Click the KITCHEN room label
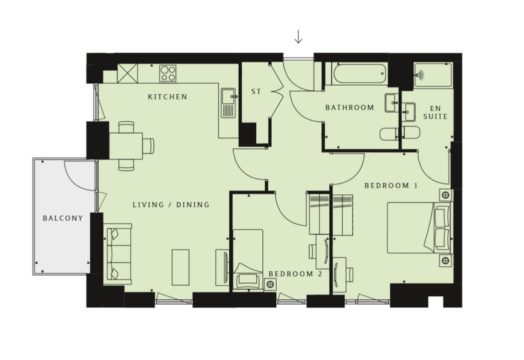tap(167, 97)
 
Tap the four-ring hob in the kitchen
tap(168, 73)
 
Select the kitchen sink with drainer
tap(228, 102)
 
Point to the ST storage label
tap(256, 91)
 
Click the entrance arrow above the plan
tap(298, 37)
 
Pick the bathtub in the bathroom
tap(360, 73)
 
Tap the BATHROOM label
tap(350, 107)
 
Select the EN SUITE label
tap(436, 112)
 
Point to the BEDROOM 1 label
tap(391, 185)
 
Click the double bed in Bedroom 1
tap(419, 227)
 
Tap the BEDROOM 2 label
tap(295, 274)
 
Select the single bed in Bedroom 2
tap(248, 259)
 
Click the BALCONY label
tap(63, 218)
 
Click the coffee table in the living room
tap(180, 267)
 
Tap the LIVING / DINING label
tap(171, 205)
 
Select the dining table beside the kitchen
tap(126, 146)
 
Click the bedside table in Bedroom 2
tap(270, 284)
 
